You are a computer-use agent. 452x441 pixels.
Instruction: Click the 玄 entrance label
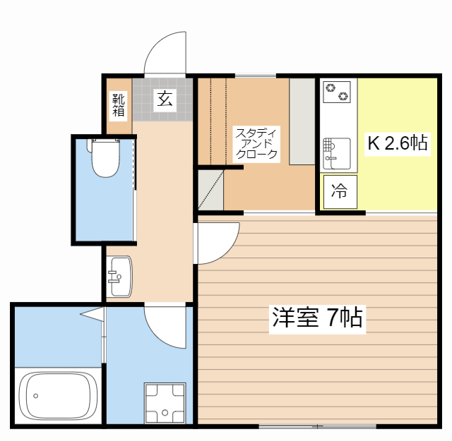(164, 100)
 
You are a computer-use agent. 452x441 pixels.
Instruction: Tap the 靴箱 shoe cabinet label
(118, 104)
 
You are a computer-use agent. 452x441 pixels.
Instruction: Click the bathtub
(57, 397)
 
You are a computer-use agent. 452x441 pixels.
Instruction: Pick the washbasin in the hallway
(119, 277)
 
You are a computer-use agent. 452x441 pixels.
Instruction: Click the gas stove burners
(337, 91)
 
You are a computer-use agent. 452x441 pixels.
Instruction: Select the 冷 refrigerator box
(340, 191)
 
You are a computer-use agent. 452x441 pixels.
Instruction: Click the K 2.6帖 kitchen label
(396, 143)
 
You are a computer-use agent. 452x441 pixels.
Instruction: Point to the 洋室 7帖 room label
(317, 318)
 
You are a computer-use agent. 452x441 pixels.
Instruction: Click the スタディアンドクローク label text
(256, 143)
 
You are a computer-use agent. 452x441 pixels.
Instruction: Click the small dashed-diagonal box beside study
(210, 190)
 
